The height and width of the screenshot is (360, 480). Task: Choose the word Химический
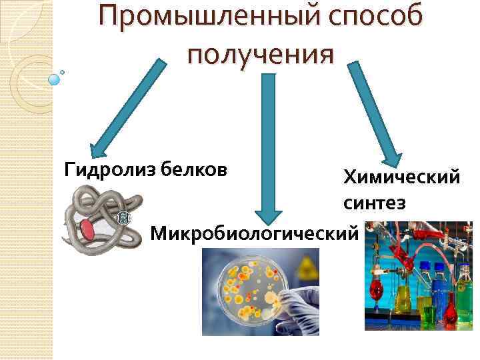401,178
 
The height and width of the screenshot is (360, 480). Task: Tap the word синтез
375,203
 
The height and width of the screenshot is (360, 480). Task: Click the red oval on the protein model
88,230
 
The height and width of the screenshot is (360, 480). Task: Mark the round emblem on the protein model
124,218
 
